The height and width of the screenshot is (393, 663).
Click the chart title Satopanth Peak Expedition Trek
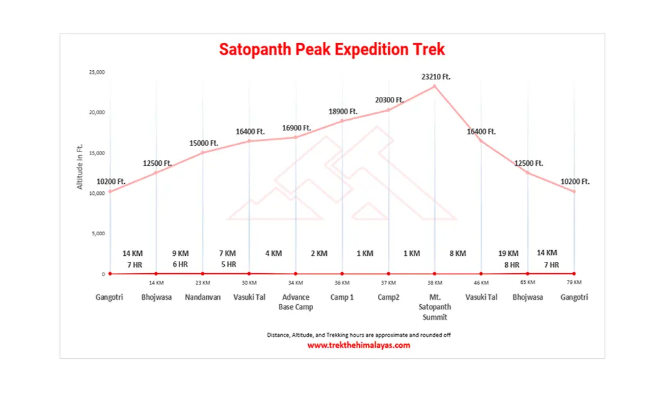[332, 50]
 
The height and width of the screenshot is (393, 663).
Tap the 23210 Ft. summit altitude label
[436, 77]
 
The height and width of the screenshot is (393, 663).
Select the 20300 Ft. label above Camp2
[389, 100]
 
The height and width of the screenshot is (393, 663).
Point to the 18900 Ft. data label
[343, 112]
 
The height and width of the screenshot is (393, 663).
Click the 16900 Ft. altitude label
[296, 128]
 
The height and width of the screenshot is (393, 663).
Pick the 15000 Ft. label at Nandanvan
[204, 143]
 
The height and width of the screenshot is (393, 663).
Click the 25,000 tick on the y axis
[96, 73]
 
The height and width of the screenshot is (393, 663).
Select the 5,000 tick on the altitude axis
[98, 234]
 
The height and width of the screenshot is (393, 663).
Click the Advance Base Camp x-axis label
[295, 302]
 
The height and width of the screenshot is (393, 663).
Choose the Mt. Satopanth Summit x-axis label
[435, 307]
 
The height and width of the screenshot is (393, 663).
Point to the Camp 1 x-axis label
[342, 297]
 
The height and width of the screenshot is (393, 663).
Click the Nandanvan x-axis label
[203, 297]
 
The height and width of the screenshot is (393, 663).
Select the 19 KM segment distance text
[508, 253]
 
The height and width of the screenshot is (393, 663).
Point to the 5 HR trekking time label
[227, 264]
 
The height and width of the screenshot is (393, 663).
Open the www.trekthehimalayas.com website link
[359, 345]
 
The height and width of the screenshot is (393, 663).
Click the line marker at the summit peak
[435, 86]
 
